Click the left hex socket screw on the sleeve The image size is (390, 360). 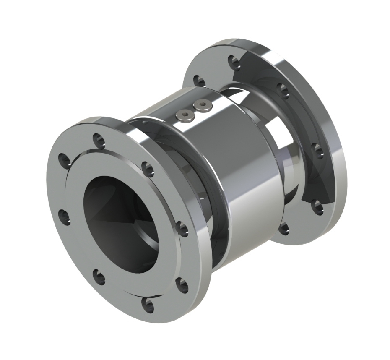click(x=185, y=115)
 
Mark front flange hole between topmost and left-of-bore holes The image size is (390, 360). click(x=65, y=160)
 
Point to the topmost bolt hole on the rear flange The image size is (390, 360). click(x=233, y=62)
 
